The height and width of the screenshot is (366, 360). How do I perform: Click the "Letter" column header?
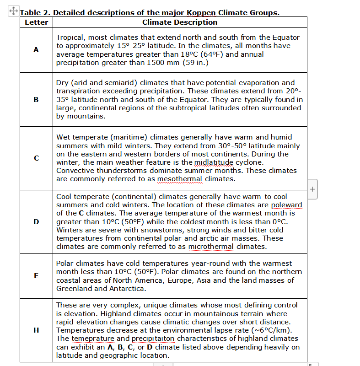tap(36, 22)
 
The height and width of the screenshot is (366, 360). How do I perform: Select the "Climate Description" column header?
tap(180, 22)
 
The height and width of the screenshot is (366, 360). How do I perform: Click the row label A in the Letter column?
tap(36, 50)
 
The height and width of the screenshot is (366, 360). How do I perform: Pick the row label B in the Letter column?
tap(36, 99)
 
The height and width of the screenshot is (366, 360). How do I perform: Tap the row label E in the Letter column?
tap(36, 276)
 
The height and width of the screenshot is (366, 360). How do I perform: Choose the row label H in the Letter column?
tap(36, 330)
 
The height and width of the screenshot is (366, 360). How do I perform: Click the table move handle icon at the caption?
tap(13, 10)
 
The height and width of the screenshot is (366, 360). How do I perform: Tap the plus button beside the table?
tap(312, 188)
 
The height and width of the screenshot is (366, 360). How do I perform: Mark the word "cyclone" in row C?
tap(263, 162)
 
